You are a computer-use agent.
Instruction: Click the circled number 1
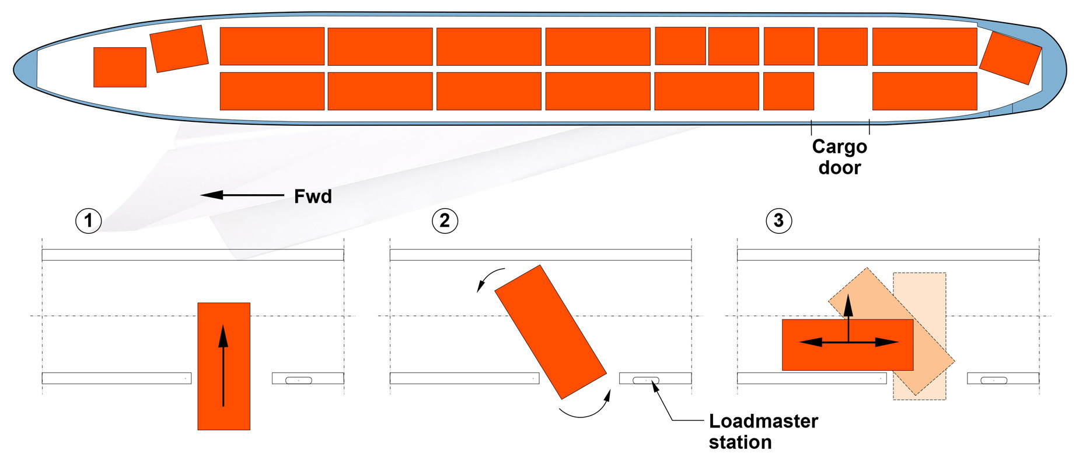tap(89, 221)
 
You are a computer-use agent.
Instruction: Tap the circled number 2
tap(445, 221)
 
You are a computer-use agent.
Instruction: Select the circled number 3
tap(778, 221)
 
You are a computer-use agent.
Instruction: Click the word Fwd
tap(313, 196)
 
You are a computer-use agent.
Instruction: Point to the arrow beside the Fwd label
tap(242, 195)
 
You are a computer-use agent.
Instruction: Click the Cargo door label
tap(839, 157)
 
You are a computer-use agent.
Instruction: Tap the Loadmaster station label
tap(763, 431)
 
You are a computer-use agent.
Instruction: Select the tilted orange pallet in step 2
tap(550, 332)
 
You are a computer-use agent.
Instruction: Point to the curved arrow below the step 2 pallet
tap(586, 408)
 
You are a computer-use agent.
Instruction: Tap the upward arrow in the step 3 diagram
tap(848, 315)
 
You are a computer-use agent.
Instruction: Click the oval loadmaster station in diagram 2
tap(646, 381)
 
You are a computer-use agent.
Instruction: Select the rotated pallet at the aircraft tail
tap(1010, 58)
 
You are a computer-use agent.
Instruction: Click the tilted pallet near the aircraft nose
tap(179, 48)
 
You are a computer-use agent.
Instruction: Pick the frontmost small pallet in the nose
tap(120, 67)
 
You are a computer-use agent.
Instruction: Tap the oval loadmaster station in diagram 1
tap(299, 381)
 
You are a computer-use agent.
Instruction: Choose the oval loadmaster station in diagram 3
tap(994, 381)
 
